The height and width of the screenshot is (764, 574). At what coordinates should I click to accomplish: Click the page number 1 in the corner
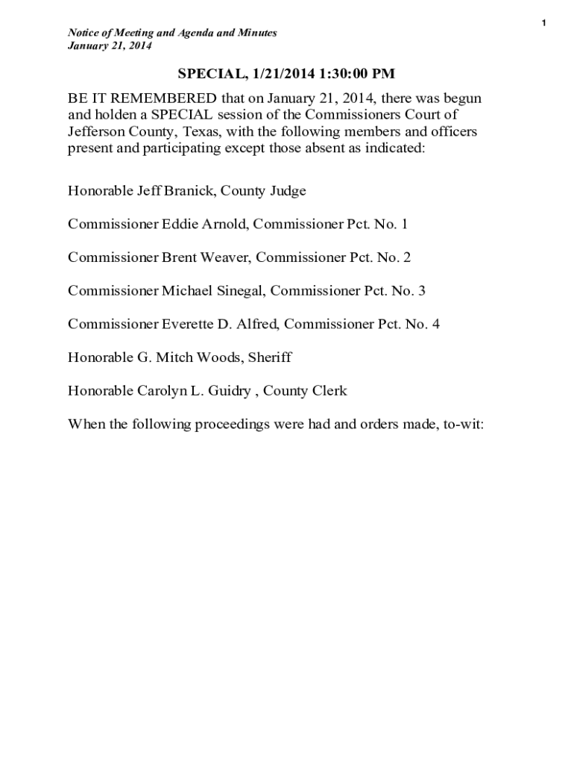(x=544, y=24)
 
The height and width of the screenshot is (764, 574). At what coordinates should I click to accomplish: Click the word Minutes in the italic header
(x=258, y=33)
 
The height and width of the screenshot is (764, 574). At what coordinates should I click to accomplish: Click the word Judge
(x=288, y=191)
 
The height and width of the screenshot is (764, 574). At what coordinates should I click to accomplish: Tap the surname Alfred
(x=255, y=324)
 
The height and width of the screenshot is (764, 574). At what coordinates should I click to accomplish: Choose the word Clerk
(x=329, y=391)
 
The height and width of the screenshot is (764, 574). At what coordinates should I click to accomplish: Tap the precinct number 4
(x=435, y=324)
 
